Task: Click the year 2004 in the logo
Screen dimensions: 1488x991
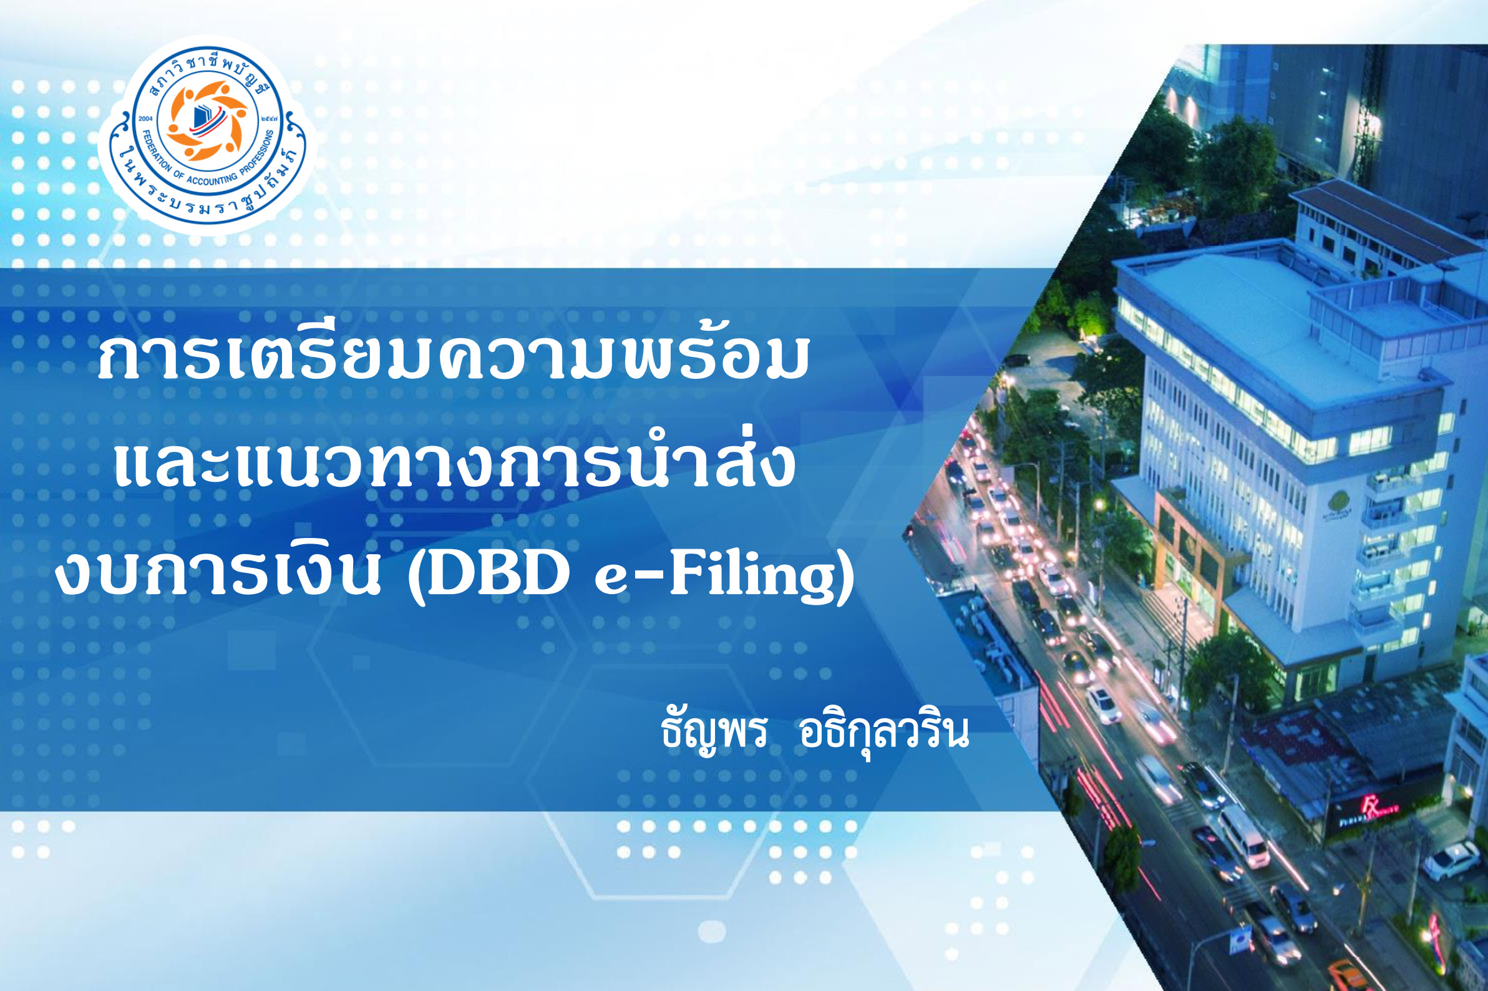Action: [146, 119]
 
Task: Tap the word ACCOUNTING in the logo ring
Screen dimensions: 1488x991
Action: [211, 179]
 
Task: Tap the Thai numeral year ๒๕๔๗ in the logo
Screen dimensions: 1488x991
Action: [267, 119]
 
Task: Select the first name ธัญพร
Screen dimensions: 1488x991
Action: [714, 733]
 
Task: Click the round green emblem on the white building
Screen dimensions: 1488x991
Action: [1337, 502]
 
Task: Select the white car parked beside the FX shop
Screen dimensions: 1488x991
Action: [1450, 860]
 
